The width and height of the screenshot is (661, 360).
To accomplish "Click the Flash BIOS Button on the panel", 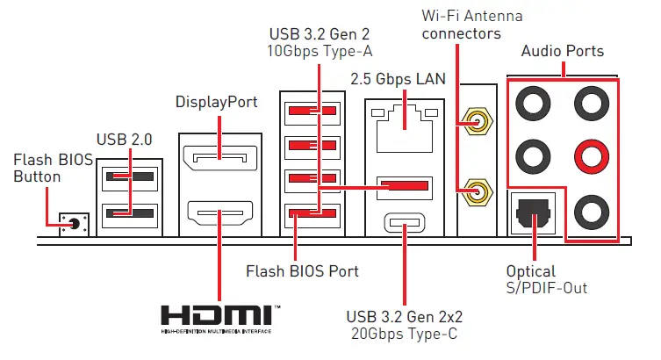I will coord(73,224).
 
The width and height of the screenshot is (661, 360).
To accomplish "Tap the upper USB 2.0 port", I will coord(128,177).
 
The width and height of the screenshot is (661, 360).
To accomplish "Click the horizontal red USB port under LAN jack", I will coord(405,187).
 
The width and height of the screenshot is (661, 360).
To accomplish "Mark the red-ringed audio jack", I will coord(589,158).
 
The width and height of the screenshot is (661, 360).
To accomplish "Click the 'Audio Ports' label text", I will coord(562,51).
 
